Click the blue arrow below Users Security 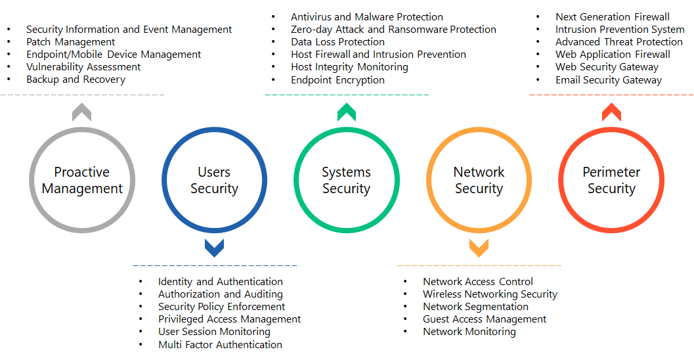click(x=214, y=248)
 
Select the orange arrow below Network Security click(x=479, y=248)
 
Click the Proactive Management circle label click(x=82, y=181)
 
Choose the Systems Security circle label click(x=346, y=181)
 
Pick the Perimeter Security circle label click(x=611, y=181)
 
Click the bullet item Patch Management click(x=70, y=42)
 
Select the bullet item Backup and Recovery click(x=76, y=79)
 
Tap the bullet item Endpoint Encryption click(x=337, y=80)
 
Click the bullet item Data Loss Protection click(x=337, y=42)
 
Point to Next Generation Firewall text click(x=612, y=17)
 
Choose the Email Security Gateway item click(x=608, y=80)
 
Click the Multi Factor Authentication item click(x=220, y=345)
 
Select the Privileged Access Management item click(x=229, y=319)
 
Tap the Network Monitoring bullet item click(x=469, y=332)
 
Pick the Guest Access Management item click(x=484, y=319)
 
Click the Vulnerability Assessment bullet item click(x=83, y=67)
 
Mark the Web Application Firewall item click(x=613, y=55)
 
